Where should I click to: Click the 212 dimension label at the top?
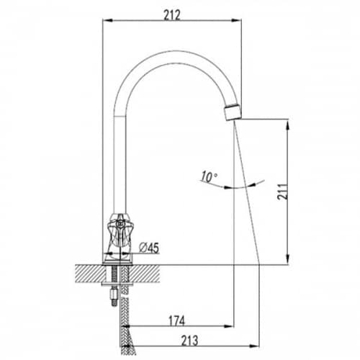[172, 16]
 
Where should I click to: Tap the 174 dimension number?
[177, 321]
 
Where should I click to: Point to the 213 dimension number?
[189, 341]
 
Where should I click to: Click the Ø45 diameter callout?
[149, 248]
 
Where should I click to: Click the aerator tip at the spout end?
[233, 112]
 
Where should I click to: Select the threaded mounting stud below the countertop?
[114, 286]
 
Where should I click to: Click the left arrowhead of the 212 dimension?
[107, 21]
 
